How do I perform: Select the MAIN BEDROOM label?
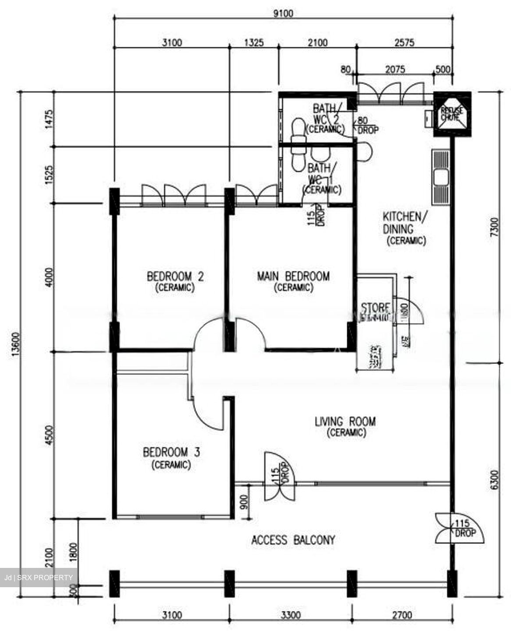(x=293, y=281)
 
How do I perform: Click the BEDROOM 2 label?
(x=175, y=281)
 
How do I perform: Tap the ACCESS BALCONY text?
(x=293, y=540)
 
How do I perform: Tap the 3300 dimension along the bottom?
(x=291, y=615)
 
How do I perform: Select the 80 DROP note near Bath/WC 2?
(x=367, y=125)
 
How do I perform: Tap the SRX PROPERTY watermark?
(x=39, y=578)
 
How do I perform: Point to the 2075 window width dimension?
(x=394, y=69)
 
